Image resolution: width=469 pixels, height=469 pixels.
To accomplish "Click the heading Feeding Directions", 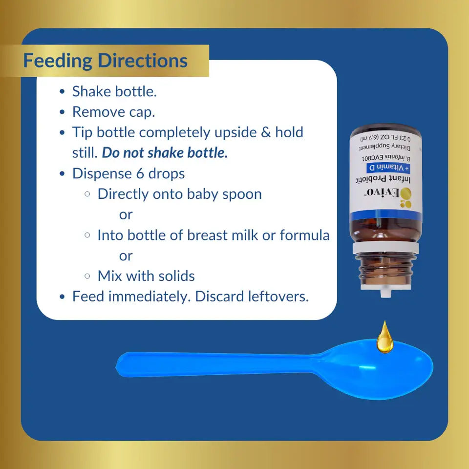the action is click(106, 61).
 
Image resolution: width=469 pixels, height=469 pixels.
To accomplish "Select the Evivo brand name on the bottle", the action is click(383, 192).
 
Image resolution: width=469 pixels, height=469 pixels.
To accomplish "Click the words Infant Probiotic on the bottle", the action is click(383, 179).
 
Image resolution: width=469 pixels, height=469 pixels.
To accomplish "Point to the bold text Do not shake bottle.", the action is click(165, 153).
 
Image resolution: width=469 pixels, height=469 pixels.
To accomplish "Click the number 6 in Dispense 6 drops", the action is click(140, 174).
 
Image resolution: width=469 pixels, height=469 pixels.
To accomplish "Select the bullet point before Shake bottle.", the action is click(62, 91).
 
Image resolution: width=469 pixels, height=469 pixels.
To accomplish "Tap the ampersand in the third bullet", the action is click(266, 132).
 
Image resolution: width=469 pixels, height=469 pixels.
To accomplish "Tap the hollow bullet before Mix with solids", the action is click(87, 276).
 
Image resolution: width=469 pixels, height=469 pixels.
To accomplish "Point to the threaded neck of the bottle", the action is click(385, 269).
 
